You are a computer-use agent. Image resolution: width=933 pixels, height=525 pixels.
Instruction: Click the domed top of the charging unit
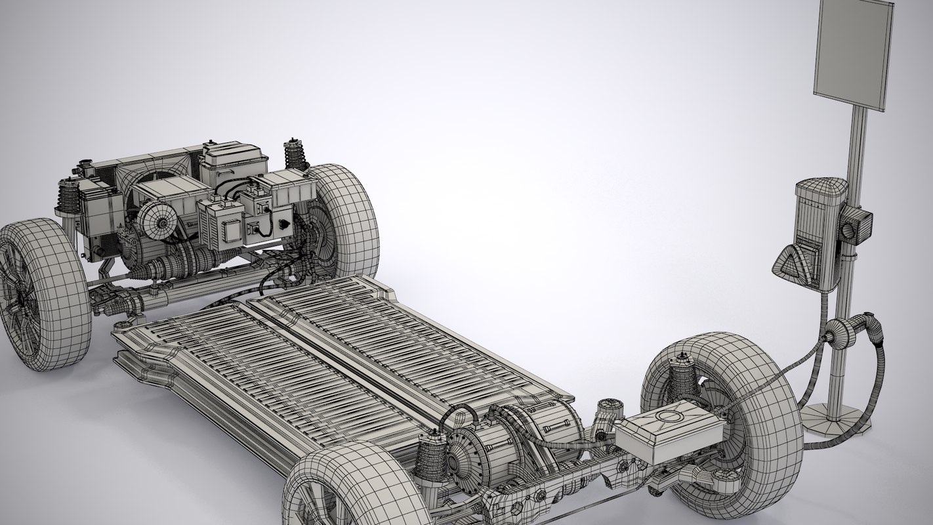[819, 187]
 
